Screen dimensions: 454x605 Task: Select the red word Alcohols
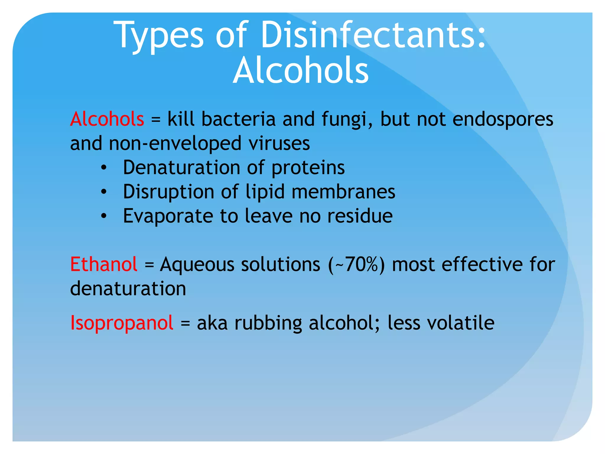coord(107,119)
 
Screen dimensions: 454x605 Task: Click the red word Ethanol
coord(104,264)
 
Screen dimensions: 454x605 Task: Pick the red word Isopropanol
coord(121,322)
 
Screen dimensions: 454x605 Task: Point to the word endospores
coord(502,119)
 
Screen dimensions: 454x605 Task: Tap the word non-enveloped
coord(175,143)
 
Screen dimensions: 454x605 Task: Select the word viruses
coord(279,143)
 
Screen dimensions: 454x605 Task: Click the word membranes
coord(343,192)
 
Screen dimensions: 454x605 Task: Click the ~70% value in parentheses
coord(357,264)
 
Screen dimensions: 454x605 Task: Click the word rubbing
coord(268,323)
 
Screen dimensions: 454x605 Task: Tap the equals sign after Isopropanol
coord(185,323)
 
